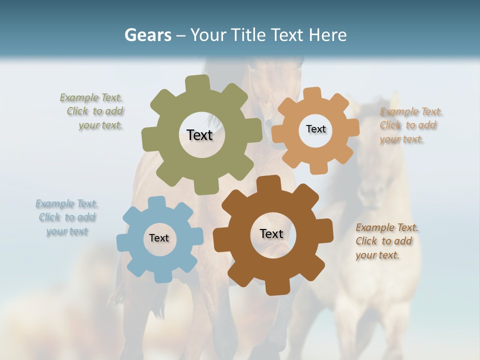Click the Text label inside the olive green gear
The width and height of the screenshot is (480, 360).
point(199,135)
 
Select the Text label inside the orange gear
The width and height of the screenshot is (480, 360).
point(315,129)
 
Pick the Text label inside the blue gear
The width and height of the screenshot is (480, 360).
point(159,238)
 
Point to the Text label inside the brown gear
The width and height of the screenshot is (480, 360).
point(271,233)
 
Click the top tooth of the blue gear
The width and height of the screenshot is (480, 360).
point(157,202)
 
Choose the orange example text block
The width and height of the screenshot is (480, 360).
point(410,125)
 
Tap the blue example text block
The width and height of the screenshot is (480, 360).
point(67,217)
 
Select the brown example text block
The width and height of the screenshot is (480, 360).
point(386,241)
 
